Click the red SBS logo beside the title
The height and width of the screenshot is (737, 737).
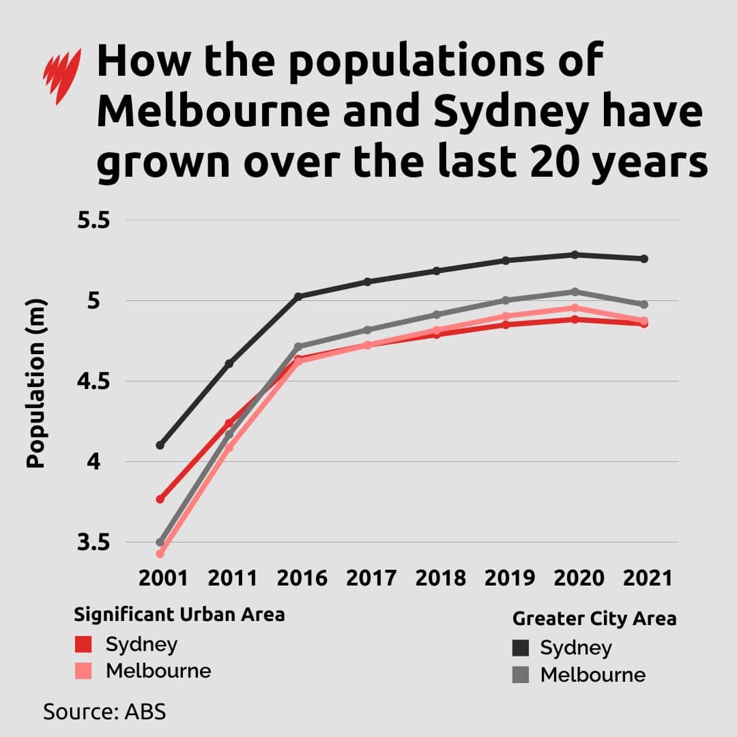pyautogui.click(x=62, y=75)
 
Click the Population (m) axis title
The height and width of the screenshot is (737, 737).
pyautogui.click(x=35, y=384)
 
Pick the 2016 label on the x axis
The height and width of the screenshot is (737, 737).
pyautogui.click(x=302, y=578)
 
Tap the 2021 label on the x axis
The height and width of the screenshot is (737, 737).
pyautogui.click(x=647, y=578)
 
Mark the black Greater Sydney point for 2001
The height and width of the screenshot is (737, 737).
pyautogui.click(x=160, y=445)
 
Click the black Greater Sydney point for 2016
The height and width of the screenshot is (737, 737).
pyautogui.click(x=298, y=296)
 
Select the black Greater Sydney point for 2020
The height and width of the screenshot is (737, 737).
pyautogui.click(x=575, y=255)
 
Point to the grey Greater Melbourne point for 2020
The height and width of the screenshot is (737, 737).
pyautogui.click(x=575, y=291)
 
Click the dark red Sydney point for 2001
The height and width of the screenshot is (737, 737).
pyautogui.click(x=160, y=500)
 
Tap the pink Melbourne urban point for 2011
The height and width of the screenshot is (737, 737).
pyautogui.click(x=229, y=448)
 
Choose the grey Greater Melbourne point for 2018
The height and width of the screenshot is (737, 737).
pyautogui.click(x=437, y=315)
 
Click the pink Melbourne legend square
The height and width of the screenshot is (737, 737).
pyautogui.click(x=83, y=671)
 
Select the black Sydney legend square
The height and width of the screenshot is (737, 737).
pyautogui.click(x=521, y=648)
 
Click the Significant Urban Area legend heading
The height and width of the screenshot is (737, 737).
pyautogui.click(x=179, y=615)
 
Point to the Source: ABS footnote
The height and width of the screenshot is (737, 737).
pyautogui.click(x=104, y=711)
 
